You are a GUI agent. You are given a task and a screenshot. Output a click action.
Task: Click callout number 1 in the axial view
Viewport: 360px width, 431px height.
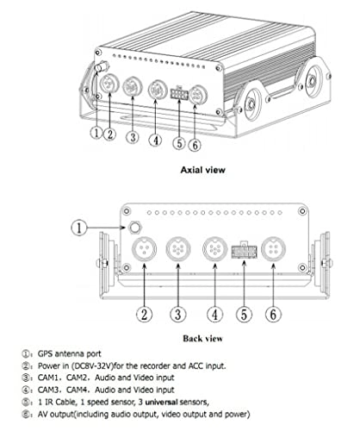tap(96, 134)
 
